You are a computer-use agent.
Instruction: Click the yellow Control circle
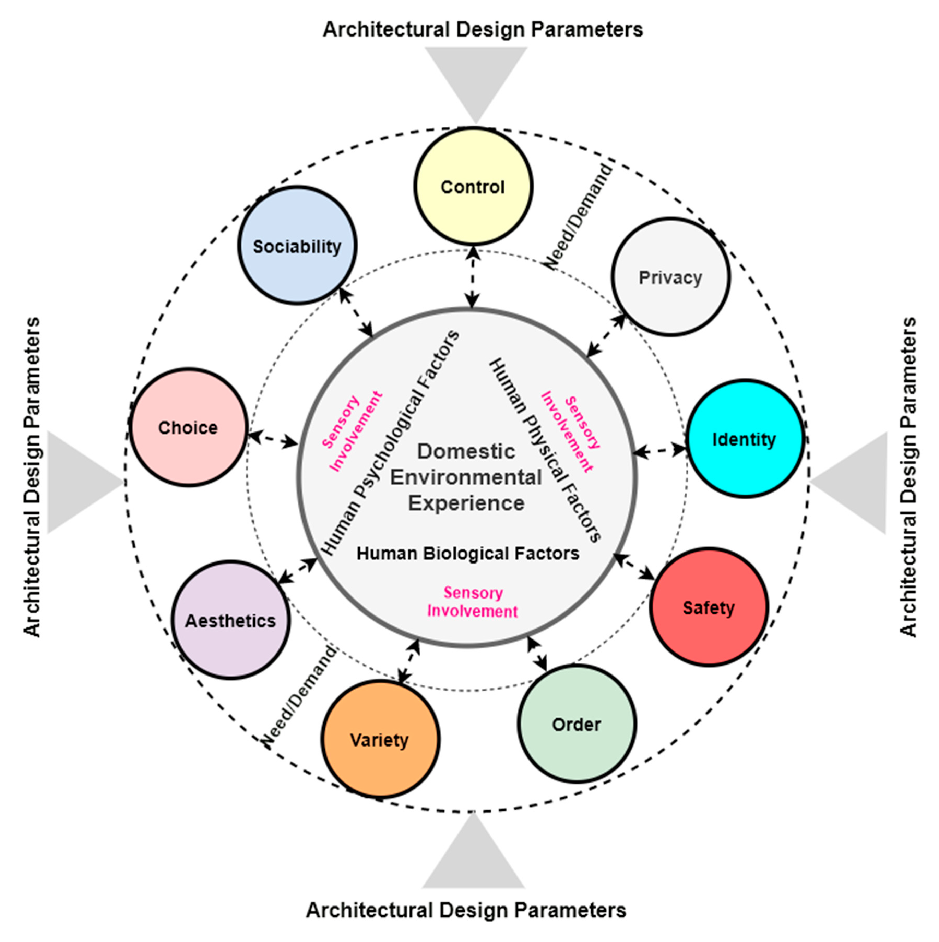point(473,186)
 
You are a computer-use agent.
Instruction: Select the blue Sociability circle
point(298,246)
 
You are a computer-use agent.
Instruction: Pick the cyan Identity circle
point(745,439)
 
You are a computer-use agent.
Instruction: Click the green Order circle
point(577,724)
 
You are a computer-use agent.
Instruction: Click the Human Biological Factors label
point(468,553)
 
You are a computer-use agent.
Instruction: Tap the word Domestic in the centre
point(466,451)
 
